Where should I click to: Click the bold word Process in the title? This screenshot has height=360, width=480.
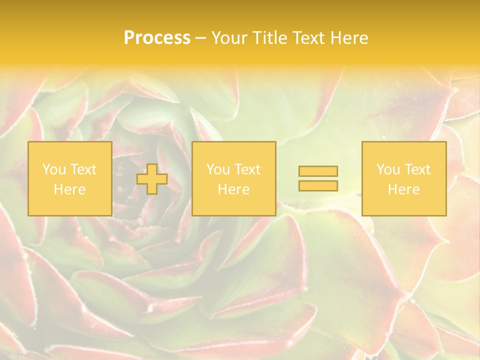pyautogui.click(x=157, y=38)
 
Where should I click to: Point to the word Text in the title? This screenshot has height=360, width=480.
pyautogui.click(x=310, y=38)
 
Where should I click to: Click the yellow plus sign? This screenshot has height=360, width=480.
pyautogui.click(x=152, y=179)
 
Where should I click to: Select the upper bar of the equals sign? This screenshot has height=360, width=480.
pyautogui.click(x=318, y=171)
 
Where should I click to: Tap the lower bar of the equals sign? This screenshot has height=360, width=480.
pyautogui.click(x=318, y=185)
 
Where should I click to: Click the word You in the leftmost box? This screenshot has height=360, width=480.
pyautogui.click(x=54, y=169)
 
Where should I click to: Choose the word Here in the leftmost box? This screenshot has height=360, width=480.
pyautogui.click(x=69, y=189)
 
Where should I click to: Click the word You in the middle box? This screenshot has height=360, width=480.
pyautogui.click(x=218, y=169)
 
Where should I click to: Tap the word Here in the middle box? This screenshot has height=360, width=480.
pyautogui.click(x=233, y=189)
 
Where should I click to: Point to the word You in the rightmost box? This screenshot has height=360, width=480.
pyautogui.click(x=388, y=169)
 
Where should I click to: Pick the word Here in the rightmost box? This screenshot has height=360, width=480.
pyautogui.click(x=403, y=189)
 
